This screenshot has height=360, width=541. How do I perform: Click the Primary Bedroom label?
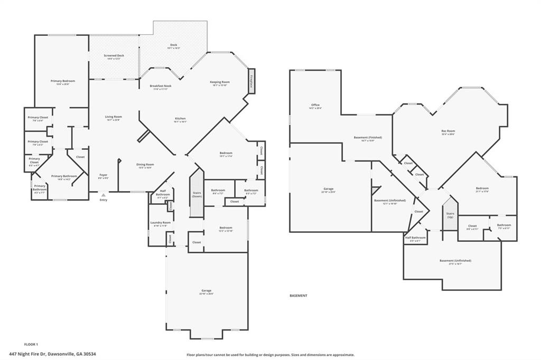pyautogui.click(x=62, y=81)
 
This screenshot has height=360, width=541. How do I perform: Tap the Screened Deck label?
pyautogui.click(x=114, y=55)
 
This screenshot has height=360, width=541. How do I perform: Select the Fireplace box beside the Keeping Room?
pyautogui.click(x=251, y=81)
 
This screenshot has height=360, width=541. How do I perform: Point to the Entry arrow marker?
pyautogui.click(x=104, y=195)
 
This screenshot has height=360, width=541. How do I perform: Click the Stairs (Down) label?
pyautogui.click(x=197, y=194)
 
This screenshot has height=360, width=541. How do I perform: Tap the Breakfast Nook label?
pyautogui.click(x=160, y=86)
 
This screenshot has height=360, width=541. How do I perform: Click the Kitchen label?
pyautogui.click(x=180, y=118)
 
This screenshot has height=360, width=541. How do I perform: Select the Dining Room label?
pyautogui.click(x=145, y=165)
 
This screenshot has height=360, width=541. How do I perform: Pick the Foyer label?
pyautogui.click(x=104, y=175)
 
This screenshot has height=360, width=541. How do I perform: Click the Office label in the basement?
pyautogui.click(x=315, y=105)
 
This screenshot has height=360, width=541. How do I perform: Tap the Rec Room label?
pyautogui.click(x=448, y=131)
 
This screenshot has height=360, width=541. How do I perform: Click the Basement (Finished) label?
pyautogui.click(x=368, y=138)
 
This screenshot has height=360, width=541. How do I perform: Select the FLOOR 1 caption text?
pyautogui.click(x=31, y=344)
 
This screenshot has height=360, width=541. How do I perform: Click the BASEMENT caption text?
pyautogui.click(x=299, y=296)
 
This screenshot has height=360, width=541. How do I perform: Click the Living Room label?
pyautogui.click(x=113, y=117)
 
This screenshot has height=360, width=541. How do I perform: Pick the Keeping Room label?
pyautogui.click(x=220, y=82)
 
